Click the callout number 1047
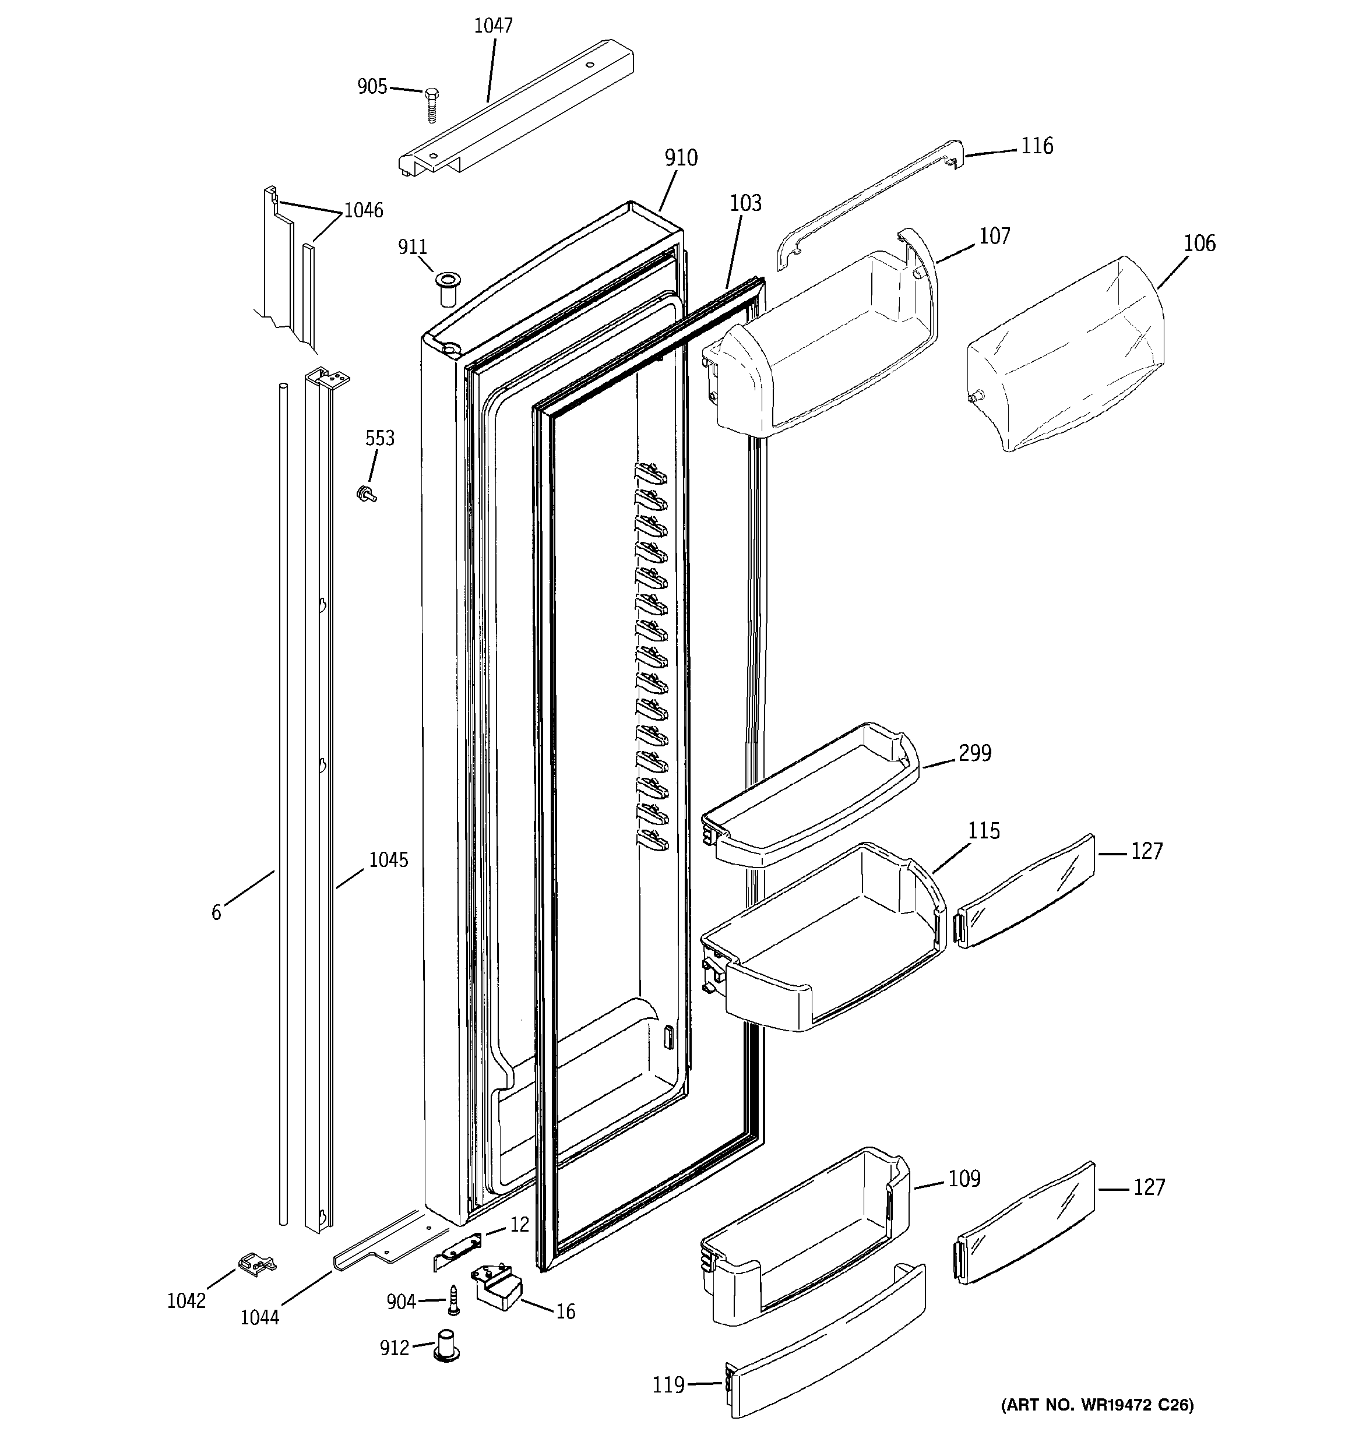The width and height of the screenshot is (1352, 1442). click(493, 26)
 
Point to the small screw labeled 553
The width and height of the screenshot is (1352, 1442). click(367, 495)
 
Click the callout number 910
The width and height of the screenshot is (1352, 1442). click(680, 157)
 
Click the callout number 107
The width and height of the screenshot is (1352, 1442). click(994, 236)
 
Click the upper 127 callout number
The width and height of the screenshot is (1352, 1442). click(1147, 851)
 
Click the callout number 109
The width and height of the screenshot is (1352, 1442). click(964, 1179)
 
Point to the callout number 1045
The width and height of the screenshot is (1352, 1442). click(388, 861)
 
